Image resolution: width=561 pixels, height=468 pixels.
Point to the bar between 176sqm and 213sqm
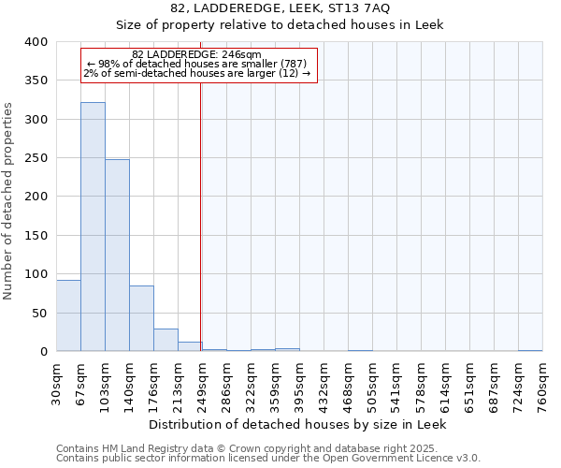coord(165,340)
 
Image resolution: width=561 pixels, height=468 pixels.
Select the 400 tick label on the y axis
coord(36,42)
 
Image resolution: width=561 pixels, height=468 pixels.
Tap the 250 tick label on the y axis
coord(36,158)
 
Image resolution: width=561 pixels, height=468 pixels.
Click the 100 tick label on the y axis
coord(36,274)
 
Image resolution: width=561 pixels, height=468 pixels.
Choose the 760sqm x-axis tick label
coord(543,381)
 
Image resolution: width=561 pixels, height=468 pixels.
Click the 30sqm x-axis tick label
coord(57,381)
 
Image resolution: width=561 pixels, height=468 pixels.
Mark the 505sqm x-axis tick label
coord(373,381)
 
